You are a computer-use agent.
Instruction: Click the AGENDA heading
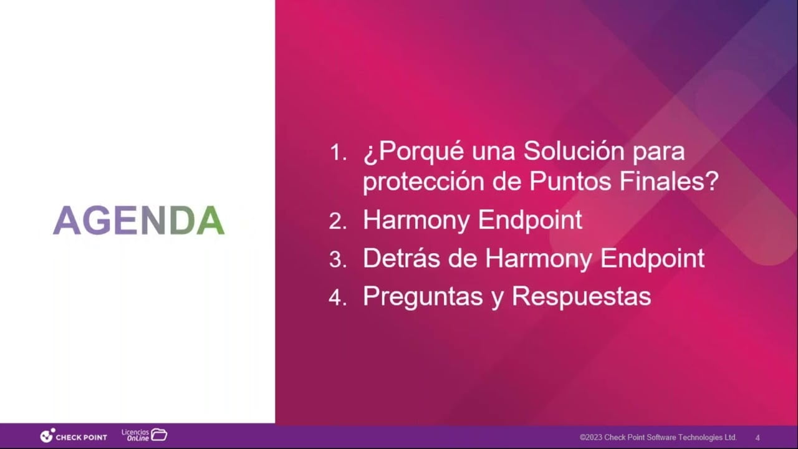(138, 220)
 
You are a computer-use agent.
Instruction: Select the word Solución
(574, 151)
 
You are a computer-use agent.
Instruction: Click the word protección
(423, 182)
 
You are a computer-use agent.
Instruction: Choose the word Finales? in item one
(669, 181)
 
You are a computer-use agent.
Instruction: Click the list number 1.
(338, 153)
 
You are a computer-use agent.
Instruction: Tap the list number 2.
(338, 221)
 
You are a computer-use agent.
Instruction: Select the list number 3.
(338, 260)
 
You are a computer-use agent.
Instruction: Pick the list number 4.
(338, 297)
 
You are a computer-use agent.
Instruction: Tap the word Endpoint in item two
(530, 221)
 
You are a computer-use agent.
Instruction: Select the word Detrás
(401, 258)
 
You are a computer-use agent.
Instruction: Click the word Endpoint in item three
(652, 259)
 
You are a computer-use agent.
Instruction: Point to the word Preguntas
(423, 297)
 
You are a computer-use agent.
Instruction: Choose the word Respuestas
(582, 297)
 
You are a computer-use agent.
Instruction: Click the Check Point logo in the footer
(74, 436)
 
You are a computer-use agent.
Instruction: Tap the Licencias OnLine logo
(144, 435)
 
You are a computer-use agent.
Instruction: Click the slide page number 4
(757, 438)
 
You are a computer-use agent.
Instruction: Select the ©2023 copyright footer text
(658, 437)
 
